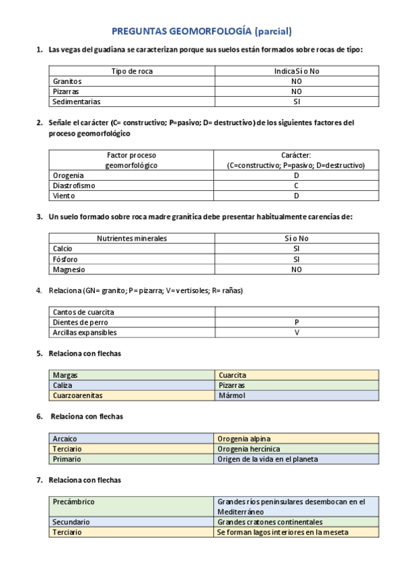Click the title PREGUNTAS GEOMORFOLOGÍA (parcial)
click(201, 31)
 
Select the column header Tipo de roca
click(132, 71)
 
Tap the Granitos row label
click(67, 81)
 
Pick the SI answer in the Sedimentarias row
click(297, 102)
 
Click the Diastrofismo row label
click(74, 186)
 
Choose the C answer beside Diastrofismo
click(296, 186)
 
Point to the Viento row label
click(64, 196)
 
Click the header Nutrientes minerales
click(132, 238)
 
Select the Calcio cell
click(63, 249)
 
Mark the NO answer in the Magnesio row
click(297, 270)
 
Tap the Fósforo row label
click(65, 259)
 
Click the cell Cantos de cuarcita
click(83, 312)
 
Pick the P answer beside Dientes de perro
click(297, 322)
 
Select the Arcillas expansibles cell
click(85, 333)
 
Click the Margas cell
click(65, 375)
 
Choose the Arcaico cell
click(65, 438)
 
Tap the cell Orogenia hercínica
click(249, 448)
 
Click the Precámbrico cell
click(73, 502)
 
